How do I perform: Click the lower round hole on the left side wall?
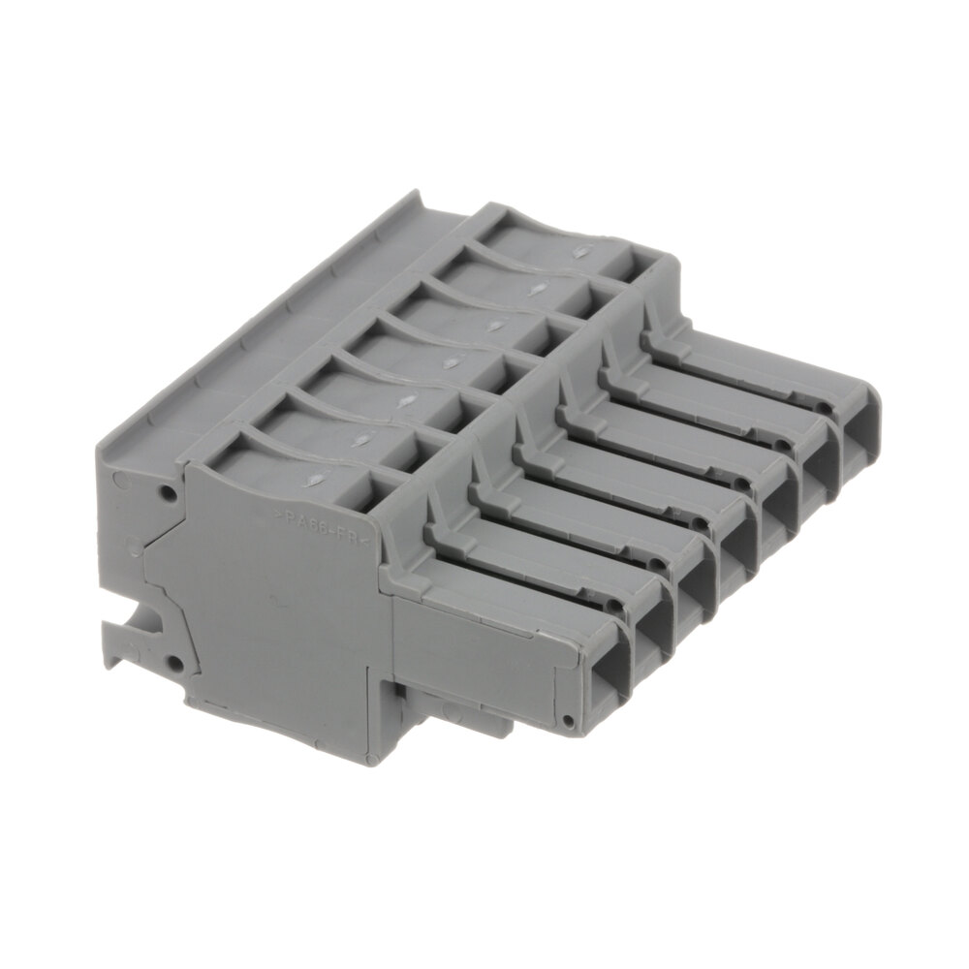[175, 664]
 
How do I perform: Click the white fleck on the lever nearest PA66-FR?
[315, 478]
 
